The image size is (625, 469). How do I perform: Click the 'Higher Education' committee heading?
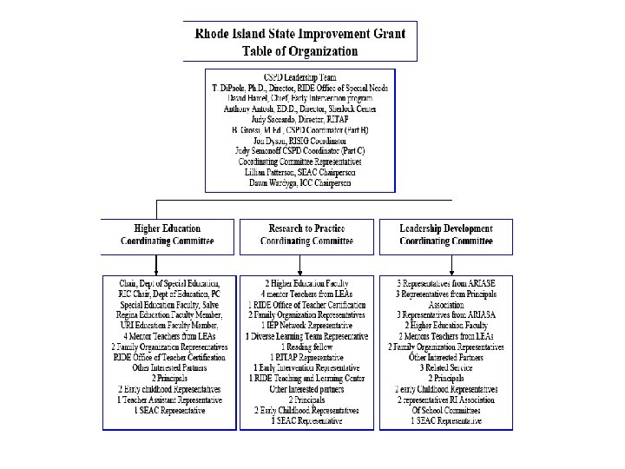pos(168,228)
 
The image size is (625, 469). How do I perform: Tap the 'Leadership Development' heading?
pos(445,228)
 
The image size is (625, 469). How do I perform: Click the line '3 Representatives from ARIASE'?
pos(445,284)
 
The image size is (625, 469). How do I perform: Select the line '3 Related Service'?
pos(445,367)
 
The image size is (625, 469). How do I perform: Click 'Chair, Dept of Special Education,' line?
pos(169,284)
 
